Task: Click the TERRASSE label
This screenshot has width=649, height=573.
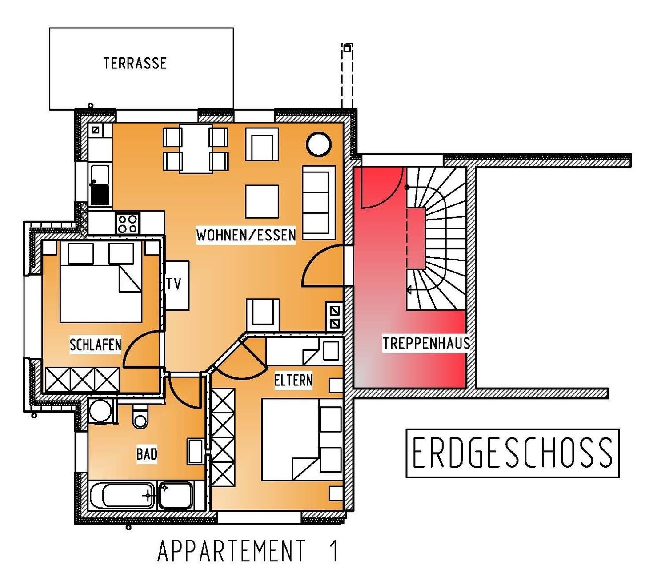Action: point(135,63)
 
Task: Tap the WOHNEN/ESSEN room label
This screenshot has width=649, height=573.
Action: point(246,236)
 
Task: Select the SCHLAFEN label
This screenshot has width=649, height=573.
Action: point(96,345)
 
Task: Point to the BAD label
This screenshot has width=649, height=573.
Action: point(147,454)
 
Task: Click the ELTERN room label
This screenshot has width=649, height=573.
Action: point(293,380)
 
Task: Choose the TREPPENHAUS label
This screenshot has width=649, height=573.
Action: point(426,343)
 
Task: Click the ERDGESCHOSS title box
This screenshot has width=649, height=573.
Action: point(512,453)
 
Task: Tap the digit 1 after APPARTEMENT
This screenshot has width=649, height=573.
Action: point(334,551)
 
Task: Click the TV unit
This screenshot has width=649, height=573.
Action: point(177,285)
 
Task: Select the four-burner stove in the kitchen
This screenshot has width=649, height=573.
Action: point(128,223)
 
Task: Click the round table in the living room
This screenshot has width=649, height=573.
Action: point(318,144)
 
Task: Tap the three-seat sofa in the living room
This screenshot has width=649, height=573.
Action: point(319,203)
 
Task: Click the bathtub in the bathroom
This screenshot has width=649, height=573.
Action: point(123,496)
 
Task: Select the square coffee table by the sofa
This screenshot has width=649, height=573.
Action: point(262,202)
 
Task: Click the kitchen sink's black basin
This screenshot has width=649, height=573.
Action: point(100,195)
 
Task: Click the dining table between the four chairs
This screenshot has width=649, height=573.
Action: point(196,148)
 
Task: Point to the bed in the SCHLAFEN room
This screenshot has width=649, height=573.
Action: point(101,282)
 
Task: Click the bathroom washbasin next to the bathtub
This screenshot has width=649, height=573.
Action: point(175,496)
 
